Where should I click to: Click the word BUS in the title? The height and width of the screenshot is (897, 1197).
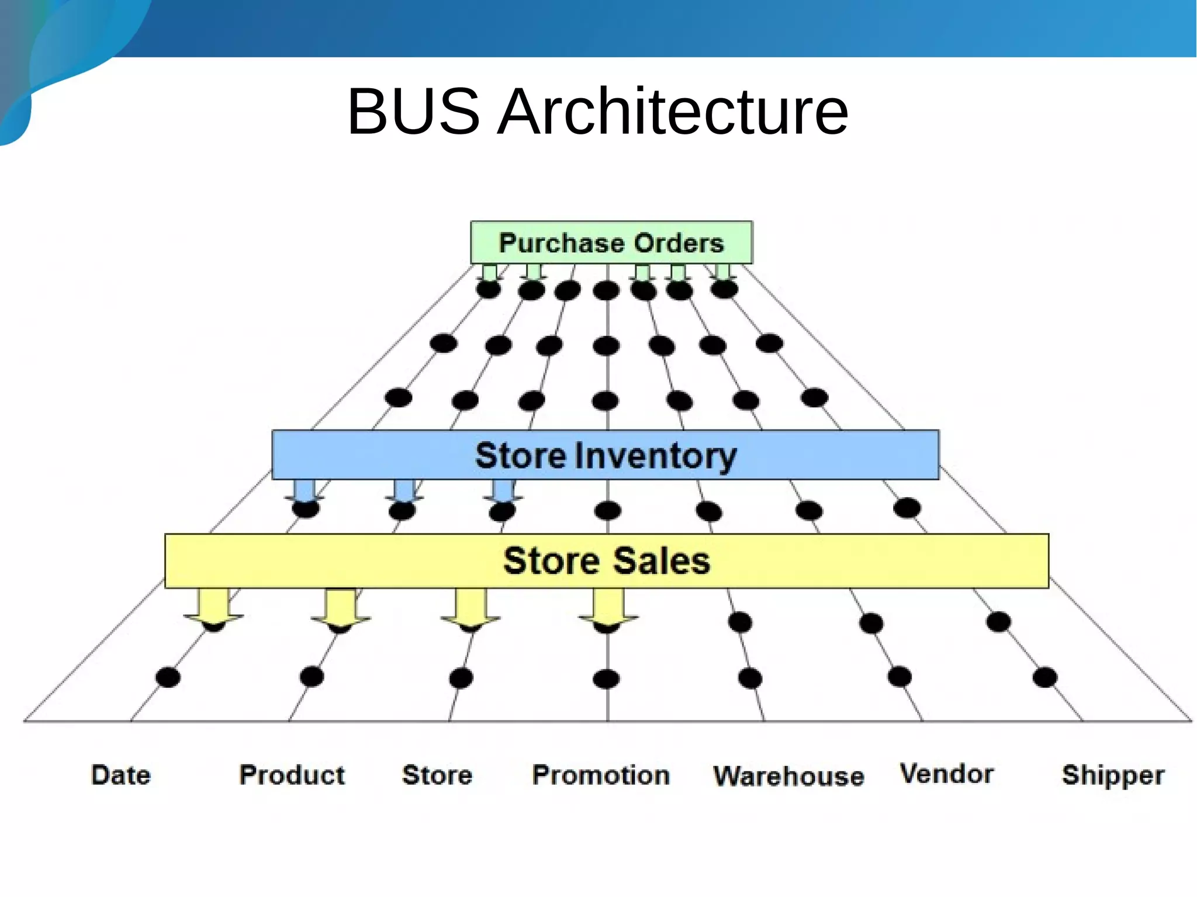[413, 111]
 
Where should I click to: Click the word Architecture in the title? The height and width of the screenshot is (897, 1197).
[672, 111]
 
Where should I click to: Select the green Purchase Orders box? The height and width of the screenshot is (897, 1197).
[611, 243]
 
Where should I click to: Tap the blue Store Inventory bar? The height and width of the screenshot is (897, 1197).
[606, 455]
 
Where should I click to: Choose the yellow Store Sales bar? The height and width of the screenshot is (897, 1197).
[607, 561]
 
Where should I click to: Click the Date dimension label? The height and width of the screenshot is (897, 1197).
[121, 775]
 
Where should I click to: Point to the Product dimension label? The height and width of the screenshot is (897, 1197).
[292, 775]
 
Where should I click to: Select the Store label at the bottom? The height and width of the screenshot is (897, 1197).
[437, 775]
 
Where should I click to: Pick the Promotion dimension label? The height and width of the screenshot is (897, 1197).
[601, 775]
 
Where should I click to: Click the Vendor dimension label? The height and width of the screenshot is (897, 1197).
[946, 774]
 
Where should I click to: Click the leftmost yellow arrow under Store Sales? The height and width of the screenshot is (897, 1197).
[213, 607]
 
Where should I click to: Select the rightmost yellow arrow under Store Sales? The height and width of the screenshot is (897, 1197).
[608, 607]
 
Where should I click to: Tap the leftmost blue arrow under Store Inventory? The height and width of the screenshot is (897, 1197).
[304, 491]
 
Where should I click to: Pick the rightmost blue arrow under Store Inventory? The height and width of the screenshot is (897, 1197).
[503, 491]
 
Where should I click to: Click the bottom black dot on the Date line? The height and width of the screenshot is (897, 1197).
[168, 678]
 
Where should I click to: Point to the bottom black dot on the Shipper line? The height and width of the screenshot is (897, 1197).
[1044, 678]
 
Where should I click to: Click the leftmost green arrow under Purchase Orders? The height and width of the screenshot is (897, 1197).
[489, 272]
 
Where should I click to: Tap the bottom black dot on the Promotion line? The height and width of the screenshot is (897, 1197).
[606, 679]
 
